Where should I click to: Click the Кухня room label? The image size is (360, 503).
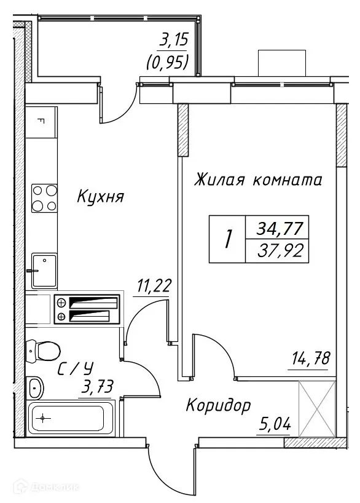tap(101, 197)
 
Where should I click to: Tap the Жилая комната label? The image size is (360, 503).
tap(258, 180)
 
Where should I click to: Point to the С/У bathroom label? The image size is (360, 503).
tap(76, 369)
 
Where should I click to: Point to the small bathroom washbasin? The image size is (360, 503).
tap(35, 387)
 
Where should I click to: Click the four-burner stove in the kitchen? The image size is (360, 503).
tap(44, 197)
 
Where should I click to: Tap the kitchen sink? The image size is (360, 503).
tap(44, 269)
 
